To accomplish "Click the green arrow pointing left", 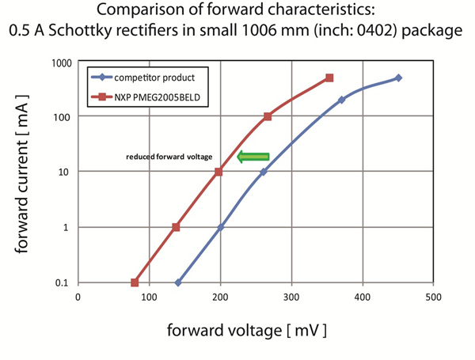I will click(253, 157).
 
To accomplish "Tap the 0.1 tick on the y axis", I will click(61, 282).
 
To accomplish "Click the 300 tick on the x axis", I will click(291, 297).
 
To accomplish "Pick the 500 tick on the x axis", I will click(433, 297).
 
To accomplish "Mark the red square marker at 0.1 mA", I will click(135, 282).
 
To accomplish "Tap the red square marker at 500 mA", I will click(329, 78).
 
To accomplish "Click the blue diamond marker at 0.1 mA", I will click(178, 282).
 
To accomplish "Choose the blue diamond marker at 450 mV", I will click(398, 78).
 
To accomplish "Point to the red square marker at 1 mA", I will click(176, 227).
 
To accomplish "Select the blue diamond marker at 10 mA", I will click(264, 172).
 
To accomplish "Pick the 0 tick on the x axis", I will click(78, 297).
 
